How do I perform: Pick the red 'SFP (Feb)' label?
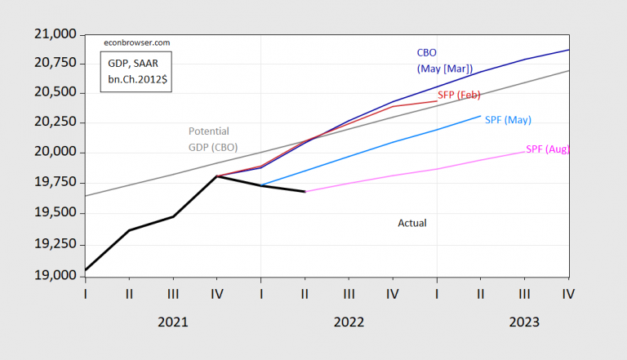pos(460,96)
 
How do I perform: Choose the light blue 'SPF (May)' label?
pos(508,120)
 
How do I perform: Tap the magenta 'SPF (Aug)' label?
pos(547,149)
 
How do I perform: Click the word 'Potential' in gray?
pos(208,131)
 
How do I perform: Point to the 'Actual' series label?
pos(412,222)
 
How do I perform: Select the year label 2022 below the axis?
pos(349,322)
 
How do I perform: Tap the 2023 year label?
pos(524,322)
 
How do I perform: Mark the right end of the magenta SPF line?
pos(524,151)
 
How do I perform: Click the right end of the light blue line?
pos(480,116)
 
